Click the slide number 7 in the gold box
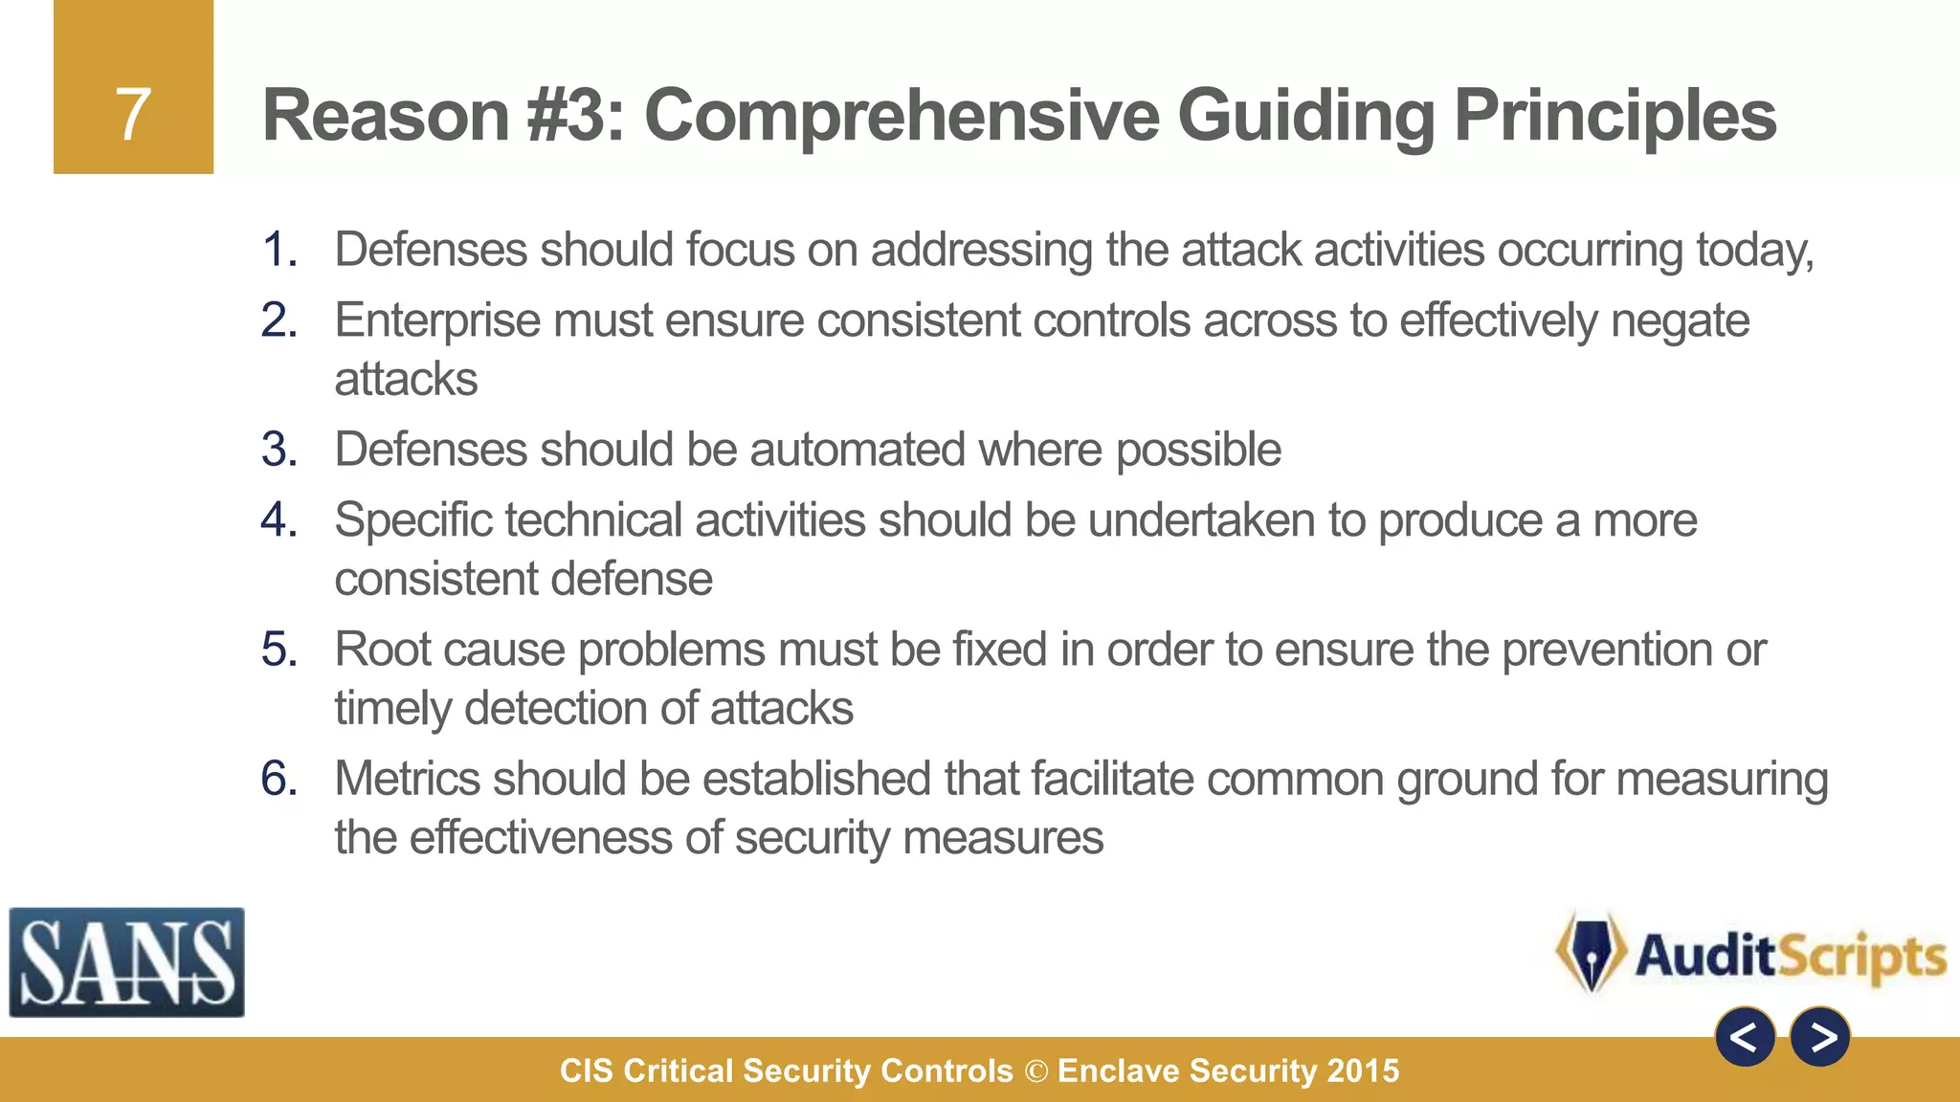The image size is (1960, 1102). (133, 115)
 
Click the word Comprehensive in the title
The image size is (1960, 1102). (902, 116)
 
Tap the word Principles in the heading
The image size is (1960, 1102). (1615, 116)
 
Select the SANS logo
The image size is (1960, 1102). (126, 962)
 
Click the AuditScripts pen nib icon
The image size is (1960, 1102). (1591, 953)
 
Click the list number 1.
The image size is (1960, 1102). (278, 251)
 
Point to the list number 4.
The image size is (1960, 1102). (278, 520)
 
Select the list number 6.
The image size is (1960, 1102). (278, 779)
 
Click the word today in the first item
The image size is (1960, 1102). (1753, 251)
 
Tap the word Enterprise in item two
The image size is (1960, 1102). (436, 320)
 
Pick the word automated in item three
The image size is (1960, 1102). (857, 450)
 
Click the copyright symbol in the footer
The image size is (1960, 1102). (1036, 1071)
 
